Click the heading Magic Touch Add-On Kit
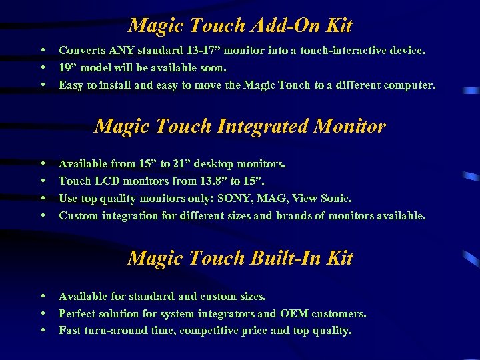pyautogui.click(x=240, y=26)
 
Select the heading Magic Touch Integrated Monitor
pyautogui.click(x=240, y=126)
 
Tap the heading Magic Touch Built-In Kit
pyautogui.click(x=240, y=258)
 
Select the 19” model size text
pyautogui.click(x=67, y=67)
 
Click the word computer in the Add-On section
pyautogui.click(x=409, y=85)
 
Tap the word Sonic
pyautogui.click(x=335, y=198)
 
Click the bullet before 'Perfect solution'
pyautogui.click(x=43, y=313)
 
